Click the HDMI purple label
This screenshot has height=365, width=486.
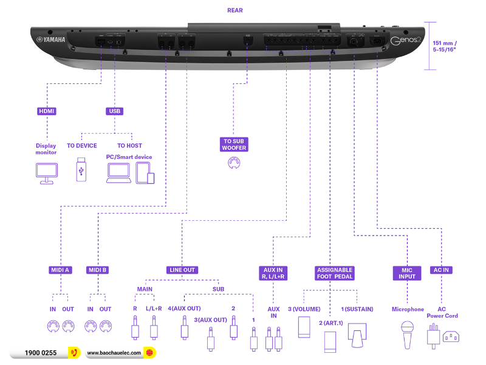tap(47, 111)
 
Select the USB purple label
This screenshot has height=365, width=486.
tap(114, 111)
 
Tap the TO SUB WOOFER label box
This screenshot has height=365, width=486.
tap(234, 144)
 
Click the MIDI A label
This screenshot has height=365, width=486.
tap(60, 269)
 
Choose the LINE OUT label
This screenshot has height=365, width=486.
tap(182, 269)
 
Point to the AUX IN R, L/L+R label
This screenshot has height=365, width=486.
tap(273, 273)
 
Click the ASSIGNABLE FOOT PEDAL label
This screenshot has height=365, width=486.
tap(335, 273)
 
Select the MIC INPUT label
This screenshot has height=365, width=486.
tap(407, 273)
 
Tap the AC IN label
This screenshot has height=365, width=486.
tap(442, 269)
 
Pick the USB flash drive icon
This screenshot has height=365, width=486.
tap(81, 170)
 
